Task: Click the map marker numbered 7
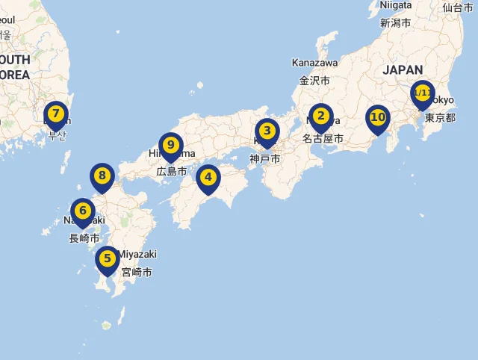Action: (x=55, y=114)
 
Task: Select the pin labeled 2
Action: (x=320, y=117)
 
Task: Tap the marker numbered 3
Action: (x=267, y=131)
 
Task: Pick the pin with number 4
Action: (x=208, y=178)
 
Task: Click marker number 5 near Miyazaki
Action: (x=108, y=259)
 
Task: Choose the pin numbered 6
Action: (x=83, y=211)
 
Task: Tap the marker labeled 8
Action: (x=102, y=176)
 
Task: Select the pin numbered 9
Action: (x=171, y=145)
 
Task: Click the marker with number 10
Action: (x=378, y=118)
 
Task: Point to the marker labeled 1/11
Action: (x=422, y=93)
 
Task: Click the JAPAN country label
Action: (x=403, y=70)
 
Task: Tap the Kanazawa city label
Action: (x=314, y=63)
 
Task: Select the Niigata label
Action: (x=395, y=5)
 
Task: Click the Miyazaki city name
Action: (x=137, y=255)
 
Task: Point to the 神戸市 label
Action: (x=264, y=159)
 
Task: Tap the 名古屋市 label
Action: (x=323, y=139)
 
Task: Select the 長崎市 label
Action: (x=84, y=238)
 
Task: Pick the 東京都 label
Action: (x=440, y=118)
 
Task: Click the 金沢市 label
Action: (x=314, y=80)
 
